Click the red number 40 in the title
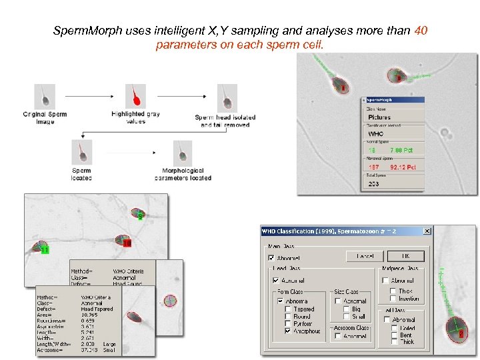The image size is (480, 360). click(420, 31)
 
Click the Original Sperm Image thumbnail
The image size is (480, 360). click(45, 95)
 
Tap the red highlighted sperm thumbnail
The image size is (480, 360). click(136, 95)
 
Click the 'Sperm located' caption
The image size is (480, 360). click(81, 175)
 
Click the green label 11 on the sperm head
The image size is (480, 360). click(45, 250)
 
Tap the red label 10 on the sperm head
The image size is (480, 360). click(127, 243)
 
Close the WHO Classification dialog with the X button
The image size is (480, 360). click(426, 231)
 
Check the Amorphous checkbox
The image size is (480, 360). click(287, 331)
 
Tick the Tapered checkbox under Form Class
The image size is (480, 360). click(287, 309)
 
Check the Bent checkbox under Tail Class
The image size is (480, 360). click(394, 335)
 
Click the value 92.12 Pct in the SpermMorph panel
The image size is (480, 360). click(402, 167)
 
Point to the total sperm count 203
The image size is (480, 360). click(373, 184)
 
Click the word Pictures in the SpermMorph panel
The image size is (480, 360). click(380, 117)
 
